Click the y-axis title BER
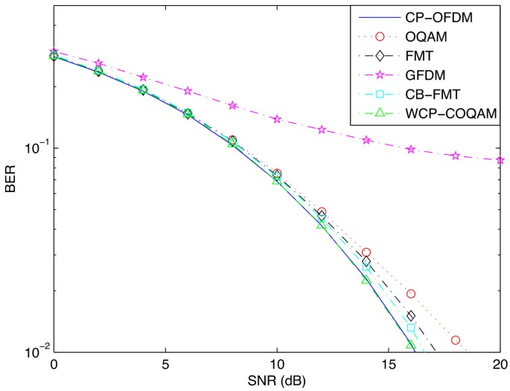point(10,179)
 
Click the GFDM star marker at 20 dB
point(500,160)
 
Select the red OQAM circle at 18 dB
point(455,340)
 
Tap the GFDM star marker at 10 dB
point(277,119)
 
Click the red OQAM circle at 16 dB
point(410,294)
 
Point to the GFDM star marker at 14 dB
point(366,140)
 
